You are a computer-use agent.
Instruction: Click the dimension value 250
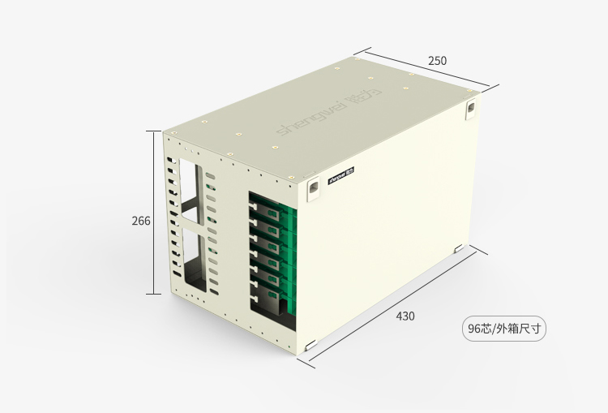click(437, 61)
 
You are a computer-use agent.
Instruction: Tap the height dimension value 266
click(141, 221)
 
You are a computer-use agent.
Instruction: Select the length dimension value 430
click(405, 316)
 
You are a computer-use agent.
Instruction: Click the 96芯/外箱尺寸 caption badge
click(505, 329)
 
